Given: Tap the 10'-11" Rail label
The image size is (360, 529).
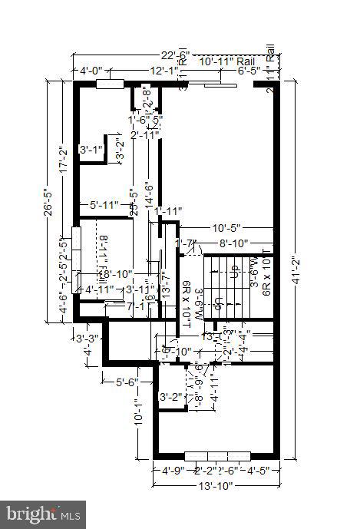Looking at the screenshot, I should (x=226, y=61).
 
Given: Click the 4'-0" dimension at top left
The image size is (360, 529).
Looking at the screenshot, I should (x=93, y=71).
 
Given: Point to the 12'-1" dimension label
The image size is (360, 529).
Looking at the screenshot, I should (x=164, y=71).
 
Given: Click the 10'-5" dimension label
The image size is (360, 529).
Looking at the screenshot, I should (x=226, y=229).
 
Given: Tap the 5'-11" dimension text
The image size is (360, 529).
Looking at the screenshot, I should (x=104, y=205).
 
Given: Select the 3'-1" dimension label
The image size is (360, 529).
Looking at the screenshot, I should (x=92, y=150).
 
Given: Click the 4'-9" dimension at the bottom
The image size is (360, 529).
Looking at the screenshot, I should (x=173, y=471).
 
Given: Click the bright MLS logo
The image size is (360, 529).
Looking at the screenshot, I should (x=44, y=513).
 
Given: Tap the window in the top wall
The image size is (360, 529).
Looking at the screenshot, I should (x=110, y=84).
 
